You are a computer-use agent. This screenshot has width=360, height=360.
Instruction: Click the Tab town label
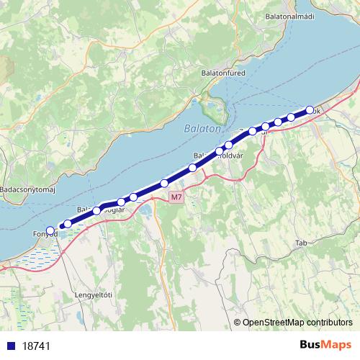coord(300,243)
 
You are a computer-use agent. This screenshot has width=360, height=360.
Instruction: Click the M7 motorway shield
coord(176,197)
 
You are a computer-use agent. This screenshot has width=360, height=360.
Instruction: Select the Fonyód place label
coord(45,234)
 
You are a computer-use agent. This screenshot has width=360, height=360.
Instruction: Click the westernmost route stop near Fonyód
coord(50,230)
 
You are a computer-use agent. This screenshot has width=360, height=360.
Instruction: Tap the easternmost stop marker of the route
coord(310,110)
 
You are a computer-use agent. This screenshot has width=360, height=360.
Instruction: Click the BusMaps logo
coord(325,345)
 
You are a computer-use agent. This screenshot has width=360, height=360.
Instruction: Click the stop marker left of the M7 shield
coord(164,184)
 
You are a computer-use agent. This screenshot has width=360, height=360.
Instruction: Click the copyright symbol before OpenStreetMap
coord(238,323)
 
